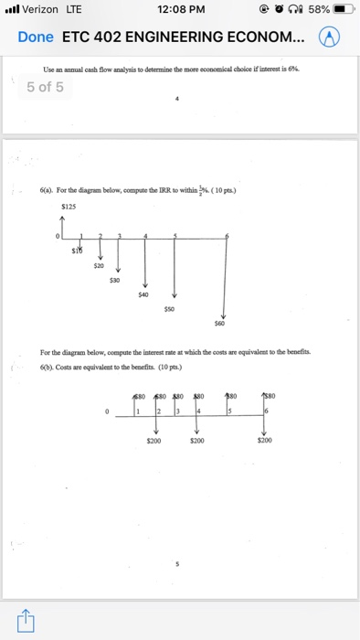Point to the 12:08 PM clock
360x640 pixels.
(x=180, y=10)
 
